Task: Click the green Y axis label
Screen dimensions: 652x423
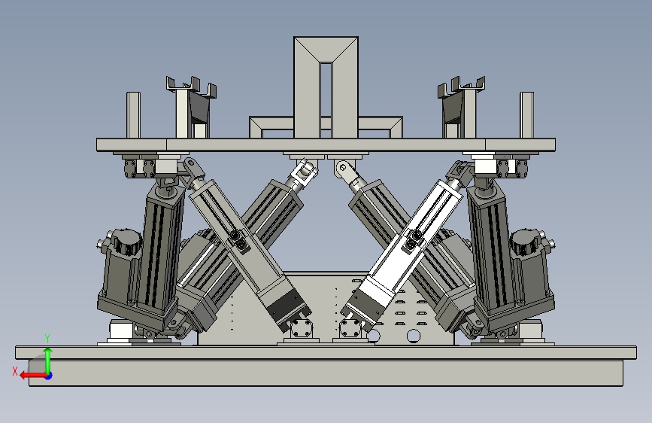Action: coord(47,339)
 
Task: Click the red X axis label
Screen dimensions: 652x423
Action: coord(15,371)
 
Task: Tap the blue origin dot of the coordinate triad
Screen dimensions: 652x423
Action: coord(49,376)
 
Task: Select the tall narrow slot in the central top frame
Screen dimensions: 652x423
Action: coord(326,100)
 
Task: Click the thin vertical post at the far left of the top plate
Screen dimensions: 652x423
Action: coord(133,115)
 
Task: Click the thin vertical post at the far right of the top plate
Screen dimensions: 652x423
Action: coord(526,115)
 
